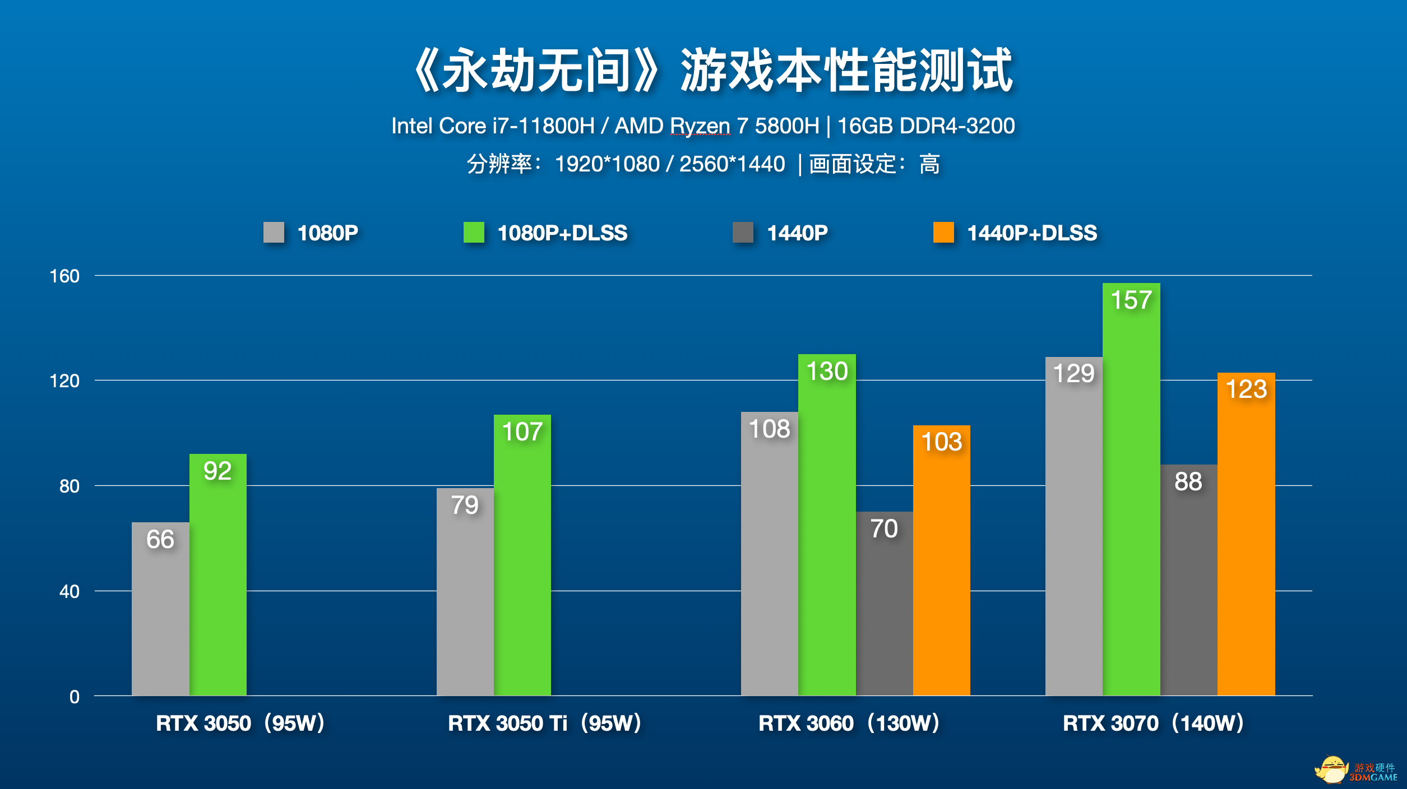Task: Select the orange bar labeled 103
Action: coord(941,560)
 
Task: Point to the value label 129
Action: coord(1073,374)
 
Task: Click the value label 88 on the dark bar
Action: coord(1188,481)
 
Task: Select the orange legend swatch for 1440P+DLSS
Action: coord(943,233)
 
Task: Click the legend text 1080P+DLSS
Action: coord(562,233)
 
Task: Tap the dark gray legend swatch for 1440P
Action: coord(743,233)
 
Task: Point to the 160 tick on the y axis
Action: coord(64,276)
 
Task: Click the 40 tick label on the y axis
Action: coord(69,592)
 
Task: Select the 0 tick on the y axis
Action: coord(74,697)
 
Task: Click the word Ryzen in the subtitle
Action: coord(700,126)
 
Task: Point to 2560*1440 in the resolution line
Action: coord(732,164)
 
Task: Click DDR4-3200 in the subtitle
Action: coord(957,126)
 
